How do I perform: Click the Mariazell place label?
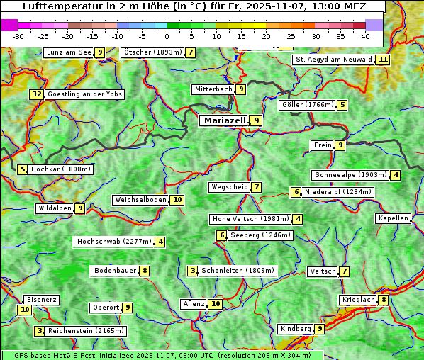click(223, 120)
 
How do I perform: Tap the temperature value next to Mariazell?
click(256, 120)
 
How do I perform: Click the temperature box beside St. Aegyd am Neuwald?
click(383, 60)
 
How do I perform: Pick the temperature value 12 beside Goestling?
click(37, 94)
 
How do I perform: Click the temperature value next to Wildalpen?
click(81, 208)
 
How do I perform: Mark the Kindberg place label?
click(295, 329)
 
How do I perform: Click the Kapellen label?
click(393, 218)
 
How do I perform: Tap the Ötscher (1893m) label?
click(152, 52)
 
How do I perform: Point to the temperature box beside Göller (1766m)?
click(342, 105)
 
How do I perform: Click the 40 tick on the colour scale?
click(365, 36)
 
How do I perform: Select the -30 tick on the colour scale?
click(18, 36)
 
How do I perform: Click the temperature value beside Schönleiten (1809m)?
click(193, 271)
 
